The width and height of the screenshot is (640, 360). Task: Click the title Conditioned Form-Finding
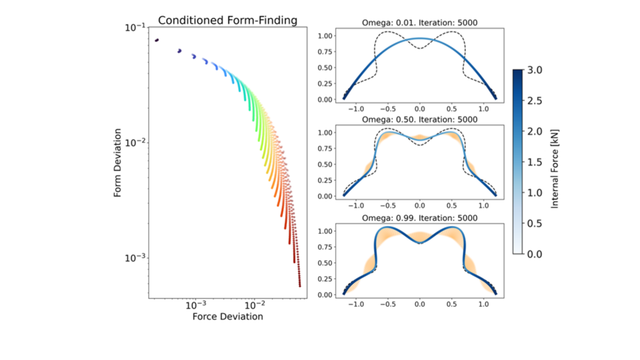coord(227,20)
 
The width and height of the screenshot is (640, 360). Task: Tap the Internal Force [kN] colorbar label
coord(555,162)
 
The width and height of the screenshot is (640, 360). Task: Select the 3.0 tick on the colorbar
coord(534,70)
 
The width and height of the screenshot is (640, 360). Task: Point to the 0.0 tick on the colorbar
coord(534,254)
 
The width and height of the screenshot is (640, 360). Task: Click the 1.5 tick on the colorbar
coord(534,162)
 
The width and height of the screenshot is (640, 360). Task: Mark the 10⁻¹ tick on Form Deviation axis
coord(133,28)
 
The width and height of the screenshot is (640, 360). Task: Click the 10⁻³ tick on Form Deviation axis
coord(133,258)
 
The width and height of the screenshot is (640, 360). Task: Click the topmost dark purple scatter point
coord(157,40)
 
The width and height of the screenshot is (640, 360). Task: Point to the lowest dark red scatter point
coord(299,285)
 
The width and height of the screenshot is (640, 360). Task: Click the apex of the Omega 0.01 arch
coord(420,38)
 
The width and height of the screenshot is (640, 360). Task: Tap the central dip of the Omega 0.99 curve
coord(420,243)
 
